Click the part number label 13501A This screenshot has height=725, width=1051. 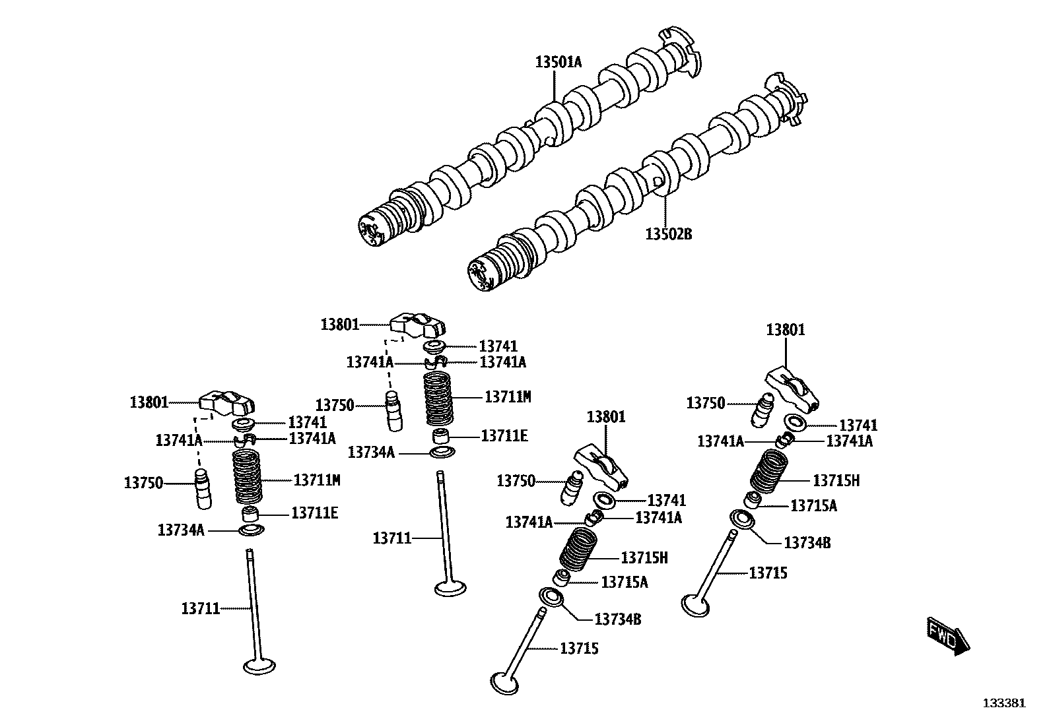(x=559, y=63)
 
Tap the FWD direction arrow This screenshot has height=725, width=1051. (x=947, y=635)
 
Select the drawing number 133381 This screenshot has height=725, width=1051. (x=1006, y=703)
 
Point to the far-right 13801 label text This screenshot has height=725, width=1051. (x=786, y=330)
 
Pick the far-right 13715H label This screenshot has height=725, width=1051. (x=836, y=480)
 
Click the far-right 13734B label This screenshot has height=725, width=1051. (x=807, y=543)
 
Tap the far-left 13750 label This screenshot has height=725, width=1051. (x=143, y=483)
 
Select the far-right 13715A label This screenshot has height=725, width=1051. (x=813, y=505)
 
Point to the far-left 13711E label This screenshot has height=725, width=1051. (x=314, y=513)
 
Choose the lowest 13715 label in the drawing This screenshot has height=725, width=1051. (x=579, y=648)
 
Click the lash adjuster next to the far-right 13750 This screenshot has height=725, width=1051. (x=763, y=410)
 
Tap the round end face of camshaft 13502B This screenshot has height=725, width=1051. (x=480, y=275)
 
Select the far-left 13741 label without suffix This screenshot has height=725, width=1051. (x=307, y=423)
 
